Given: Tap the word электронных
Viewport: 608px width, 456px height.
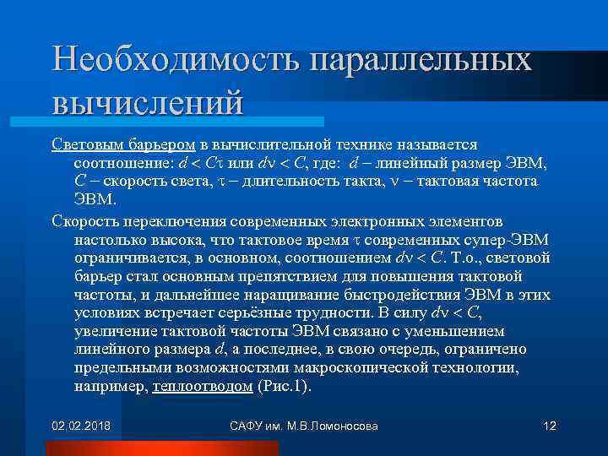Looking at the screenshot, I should [x=397, y=221].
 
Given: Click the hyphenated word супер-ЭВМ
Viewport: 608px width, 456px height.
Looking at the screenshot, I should [x=506, y=240].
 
